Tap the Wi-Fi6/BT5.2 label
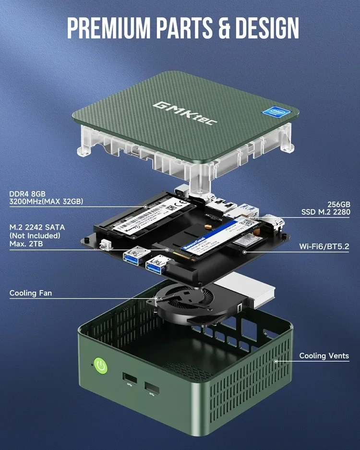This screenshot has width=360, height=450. [324, 246]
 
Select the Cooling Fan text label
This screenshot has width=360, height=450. [31, 293]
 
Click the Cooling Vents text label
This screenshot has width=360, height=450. [324, 356]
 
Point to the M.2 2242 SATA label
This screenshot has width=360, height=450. [36, 227]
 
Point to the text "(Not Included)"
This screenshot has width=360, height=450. [35, 235]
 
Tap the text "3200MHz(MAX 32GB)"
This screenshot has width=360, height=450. [46, 202]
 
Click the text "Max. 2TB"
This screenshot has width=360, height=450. [26, 244]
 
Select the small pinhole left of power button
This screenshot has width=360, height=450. [92, 364]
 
